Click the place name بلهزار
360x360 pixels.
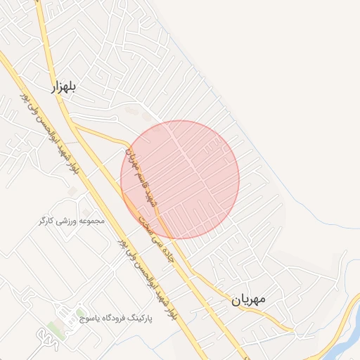click(x=63, y=86)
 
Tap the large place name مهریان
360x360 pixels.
click(x=248, y=299)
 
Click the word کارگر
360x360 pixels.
click(x=46, y=221)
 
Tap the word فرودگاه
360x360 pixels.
click(x=124, y=318)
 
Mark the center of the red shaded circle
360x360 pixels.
click(x=180, y=180)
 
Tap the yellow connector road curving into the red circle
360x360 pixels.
click(x=105, y=133)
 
